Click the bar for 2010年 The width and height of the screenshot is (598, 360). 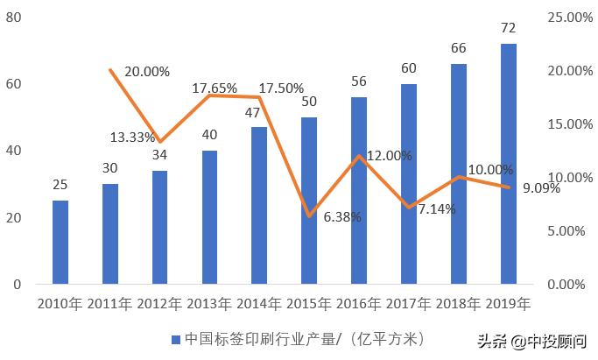pos(60,242)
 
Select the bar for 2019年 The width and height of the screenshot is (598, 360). pos(508,164)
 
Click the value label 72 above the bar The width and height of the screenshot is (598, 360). pos(508,29)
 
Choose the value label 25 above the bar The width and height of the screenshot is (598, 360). pos(60,186)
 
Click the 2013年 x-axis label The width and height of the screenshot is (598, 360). pos(209,305)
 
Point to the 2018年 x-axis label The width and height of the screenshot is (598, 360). pos(458,305)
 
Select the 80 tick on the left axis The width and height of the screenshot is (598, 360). pos(14,18)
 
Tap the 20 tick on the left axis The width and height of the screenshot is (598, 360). pos(14,217)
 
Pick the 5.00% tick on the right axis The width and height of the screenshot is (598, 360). pos(569,230)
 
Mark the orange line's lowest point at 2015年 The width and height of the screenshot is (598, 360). pos(309,215)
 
